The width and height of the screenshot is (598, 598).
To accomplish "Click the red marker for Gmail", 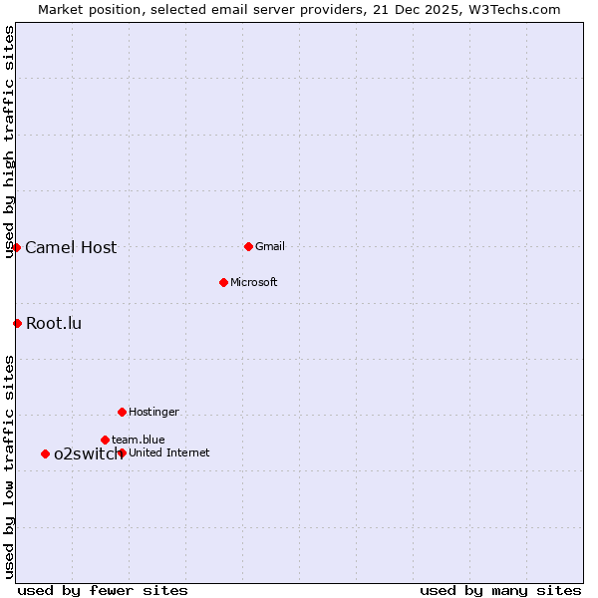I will tap(248, 246).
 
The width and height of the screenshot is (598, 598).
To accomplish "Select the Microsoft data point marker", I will tap(223, 282).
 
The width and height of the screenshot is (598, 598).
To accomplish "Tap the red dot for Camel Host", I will tap(17, 247).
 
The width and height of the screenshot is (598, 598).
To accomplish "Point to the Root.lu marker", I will tap(17, 323).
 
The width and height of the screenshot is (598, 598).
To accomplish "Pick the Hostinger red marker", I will tap(122, 412).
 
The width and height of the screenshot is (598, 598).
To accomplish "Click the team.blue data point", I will tap(105, 440).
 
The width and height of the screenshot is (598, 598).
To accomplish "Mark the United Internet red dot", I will tap(122, 452).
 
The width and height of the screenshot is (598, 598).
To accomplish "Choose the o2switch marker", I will tap(45, 453).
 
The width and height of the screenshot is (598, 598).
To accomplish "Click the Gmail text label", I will tap(270, 247).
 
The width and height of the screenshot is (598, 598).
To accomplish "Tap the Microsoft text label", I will tap(253, 283).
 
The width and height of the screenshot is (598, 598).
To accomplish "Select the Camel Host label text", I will tap(71, 248).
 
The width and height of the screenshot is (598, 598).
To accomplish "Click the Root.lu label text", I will tap(54, 324).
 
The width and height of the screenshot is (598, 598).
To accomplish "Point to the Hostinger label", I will tap(153, 413).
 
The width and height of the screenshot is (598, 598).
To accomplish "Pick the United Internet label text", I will tap(168, 453).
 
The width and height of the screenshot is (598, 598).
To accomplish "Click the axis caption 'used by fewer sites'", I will tap(103, 591).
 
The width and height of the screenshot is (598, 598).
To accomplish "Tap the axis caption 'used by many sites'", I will tap(500, 591).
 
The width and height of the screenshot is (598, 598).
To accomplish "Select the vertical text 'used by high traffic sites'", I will tap(10, 143).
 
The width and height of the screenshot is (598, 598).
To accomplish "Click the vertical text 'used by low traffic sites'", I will tap(10, 466).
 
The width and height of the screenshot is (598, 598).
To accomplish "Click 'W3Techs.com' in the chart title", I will tap(518, 10).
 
